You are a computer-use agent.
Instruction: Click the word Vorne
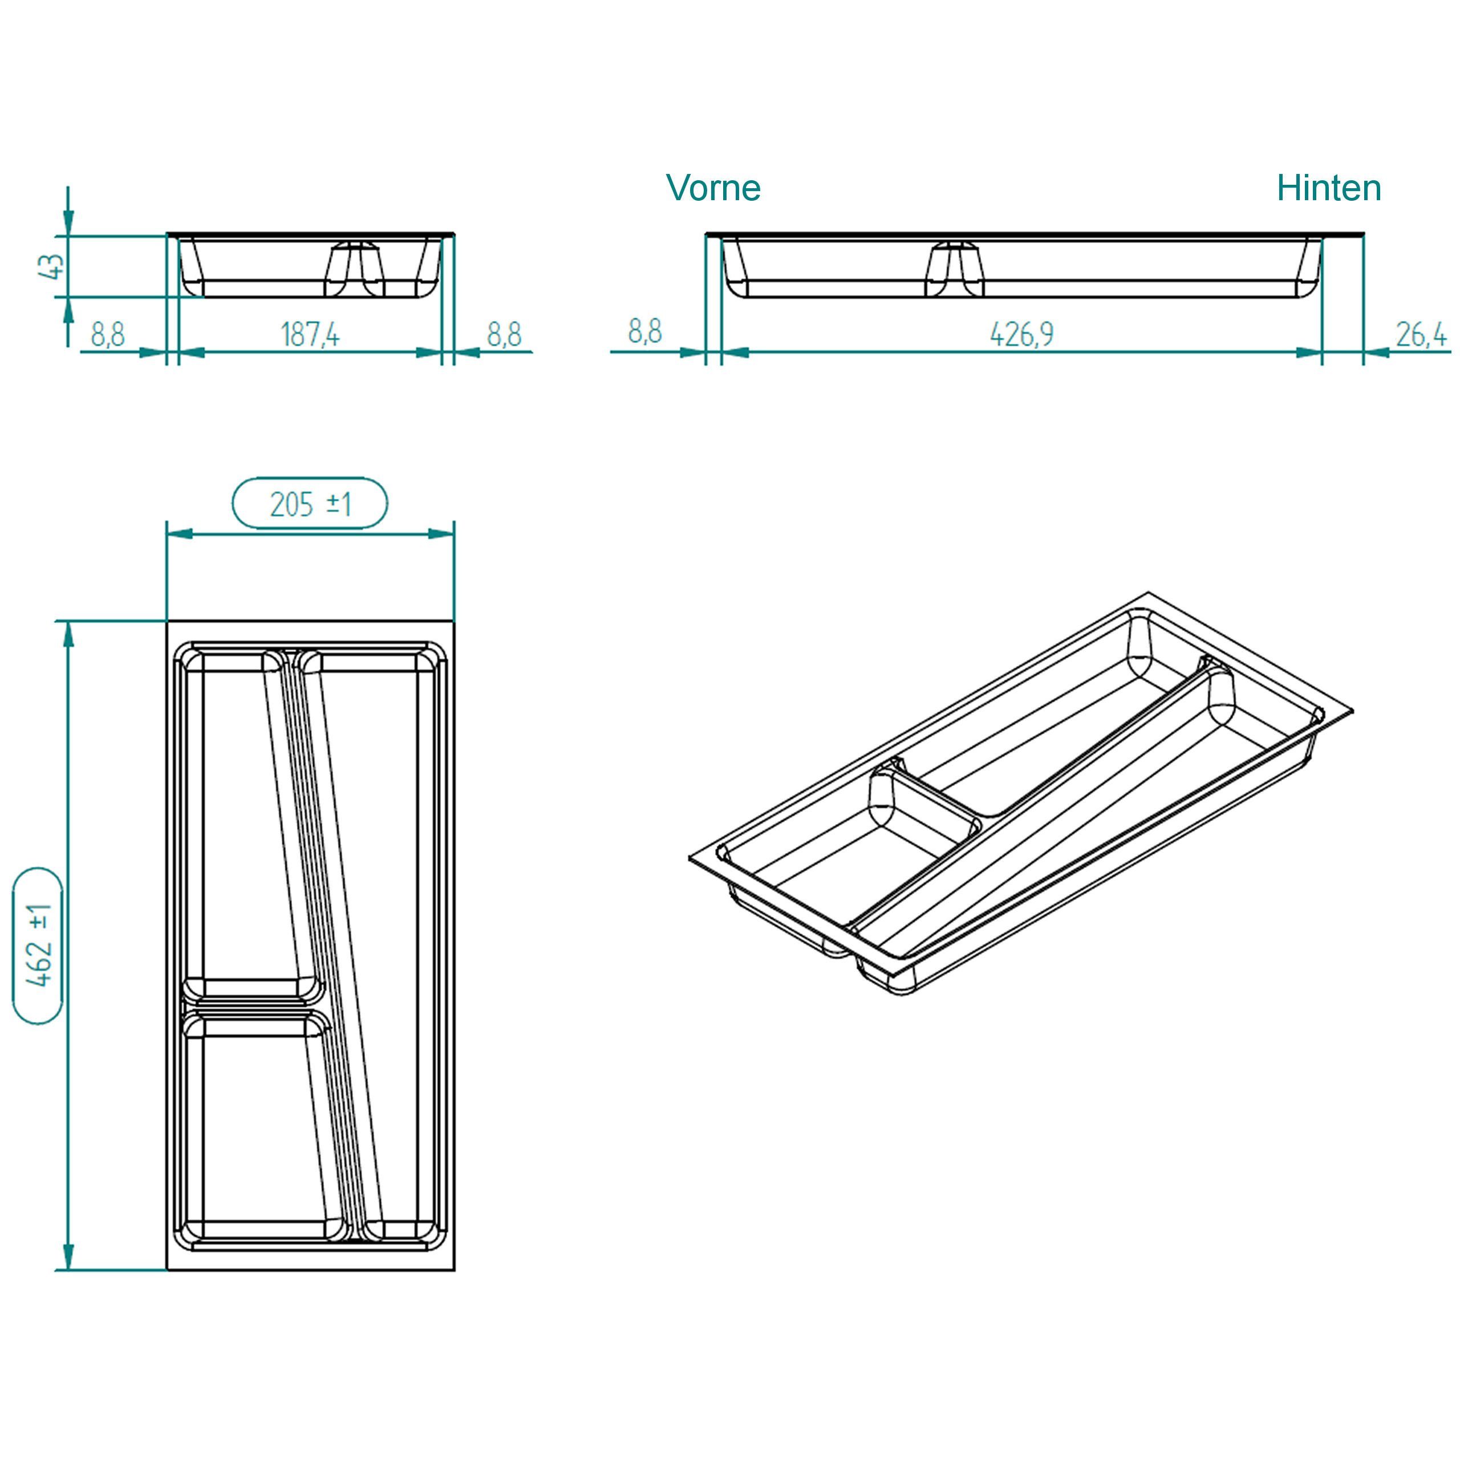[x=713, y=188]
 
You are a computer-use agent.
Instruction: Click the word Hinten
[x=1328, y=188]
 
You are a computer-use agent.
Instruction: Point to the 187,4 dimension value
[x=310, y=334]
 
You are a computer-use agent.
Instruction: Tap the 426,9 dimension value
[x=1021, y=334]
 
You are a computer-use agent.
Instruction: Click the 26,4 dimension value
[x=1421, y=334]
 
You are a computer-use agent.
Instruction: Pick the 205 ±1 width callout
[x=310, y=503]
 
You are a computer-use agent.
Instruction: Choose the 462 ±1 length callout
[x=38, y=946]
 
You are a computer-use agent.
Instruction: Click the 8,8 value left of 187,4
[x=107, y=334]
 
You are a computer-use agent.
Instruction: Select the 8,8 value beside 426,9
[x=644, y=331]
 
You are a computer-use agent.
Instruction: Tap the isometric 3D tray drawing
[x=1020, y=793]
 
